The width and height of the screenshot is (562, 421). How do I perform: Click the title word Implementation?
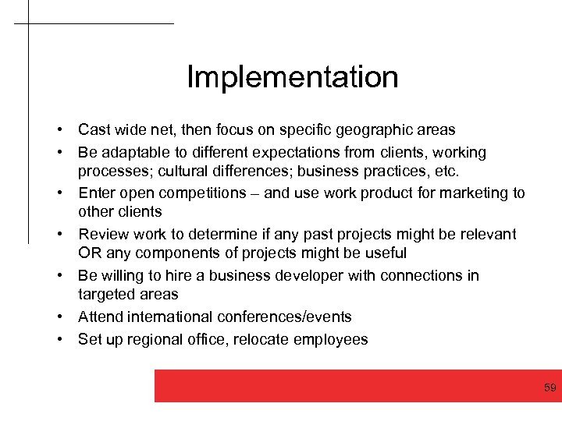293,77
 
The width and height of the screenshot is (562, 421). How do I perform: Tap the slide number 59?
550,387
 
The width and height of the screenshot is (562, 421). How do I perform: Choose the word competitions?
210,193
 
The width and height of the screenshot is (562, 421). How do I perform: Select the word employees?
332,339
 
